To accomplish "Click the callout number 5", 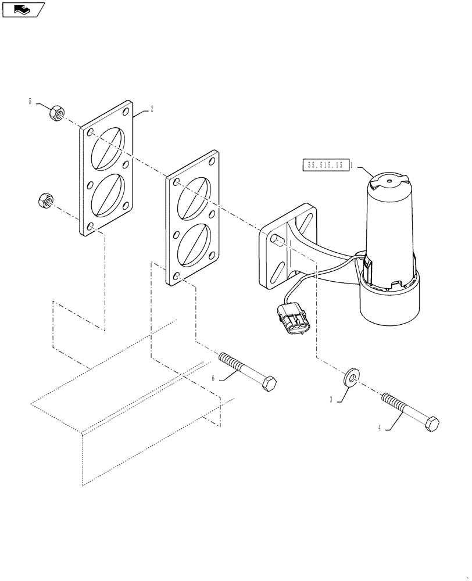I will (30, 102).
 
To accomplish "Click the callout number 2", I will (152, 109).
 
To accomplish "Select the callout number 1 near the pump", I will (352, 165).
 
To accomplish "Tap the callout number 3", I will (331, 400).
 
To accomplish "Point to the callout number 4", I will (380, 428).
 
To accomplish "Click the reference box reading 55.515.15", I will (326, 166).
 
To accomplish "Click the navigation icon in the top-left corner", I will (23, 10).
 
